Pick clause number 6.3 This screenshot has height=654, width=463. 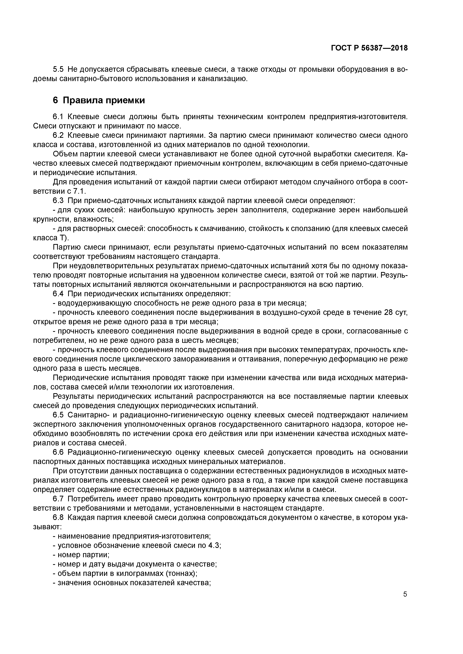[58, 201]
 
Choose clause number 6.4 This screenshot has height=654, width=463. [58, 294]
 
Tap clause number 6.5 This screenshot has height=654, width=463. [58, 415]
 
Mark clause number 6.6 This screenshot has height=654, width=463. [58, 452]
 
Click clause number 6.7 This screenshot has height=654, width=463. [58, 499]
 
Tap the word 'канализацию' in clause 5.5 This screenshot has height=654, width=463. [223, 79]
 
